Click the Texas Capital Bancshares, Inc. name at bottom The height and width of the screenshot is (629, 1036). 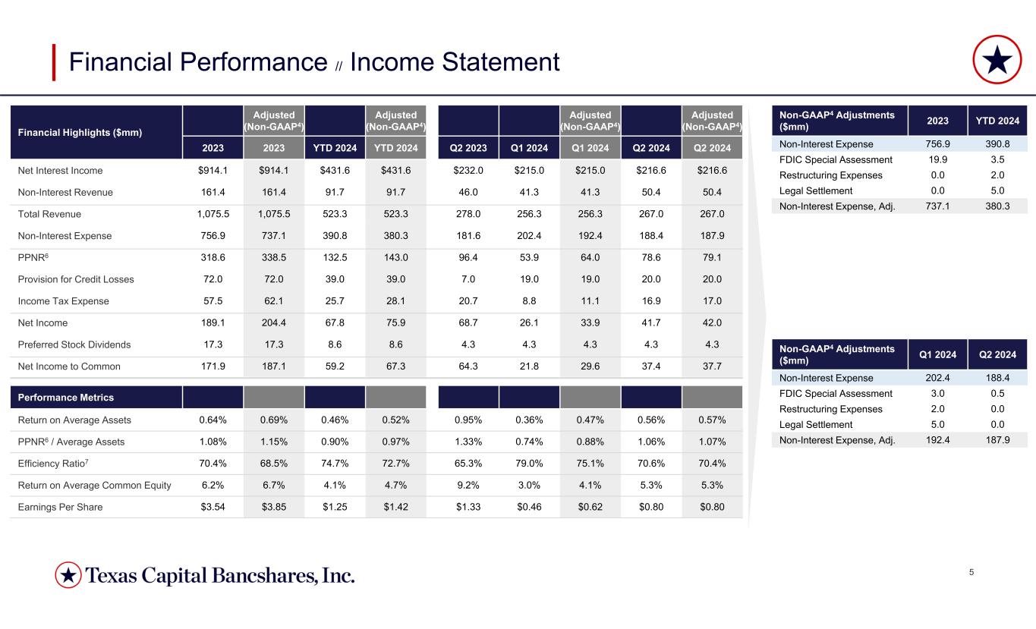coord(220,576)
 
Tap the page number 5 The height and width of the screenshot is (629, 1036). coord(972,571)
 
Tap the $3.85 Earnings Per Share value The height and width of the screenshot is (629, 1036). coord(274,507)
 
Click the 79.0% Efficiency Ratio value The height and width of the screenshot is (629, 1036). coord(529,464)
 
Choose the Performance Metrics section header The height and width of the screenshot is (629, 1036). coord(66,398)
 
